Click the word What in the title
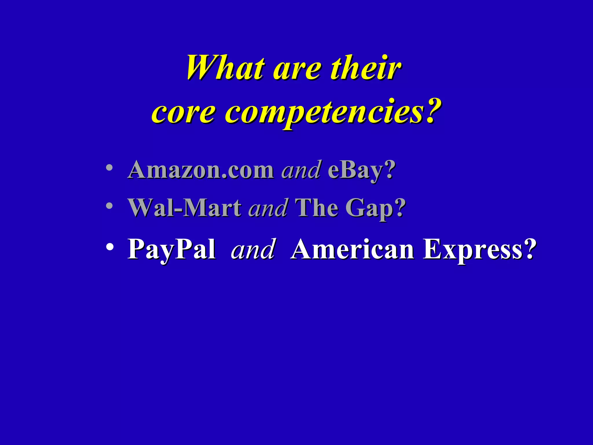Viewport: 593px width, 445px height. click(225, 68)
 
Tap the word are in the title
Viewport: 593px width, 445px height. click(297, 70)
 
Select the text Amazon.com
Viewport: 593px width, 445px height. click(200, 170)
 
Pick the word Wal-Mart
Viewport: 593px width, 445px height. click(185, 208)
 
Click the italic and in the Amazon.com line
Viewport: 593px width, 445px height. click(301, 170)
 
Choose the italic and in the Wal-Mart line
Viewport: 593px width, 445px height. click(268, 208)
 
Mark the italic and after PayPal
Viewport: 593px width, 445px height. click(252, 249)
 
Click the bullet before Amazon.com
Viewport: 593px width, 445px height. click(109, 168)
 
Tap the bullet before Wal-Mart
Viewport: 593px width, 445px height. click(109, 206)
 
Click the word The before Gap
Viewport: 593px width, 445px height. click(316, 208)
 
